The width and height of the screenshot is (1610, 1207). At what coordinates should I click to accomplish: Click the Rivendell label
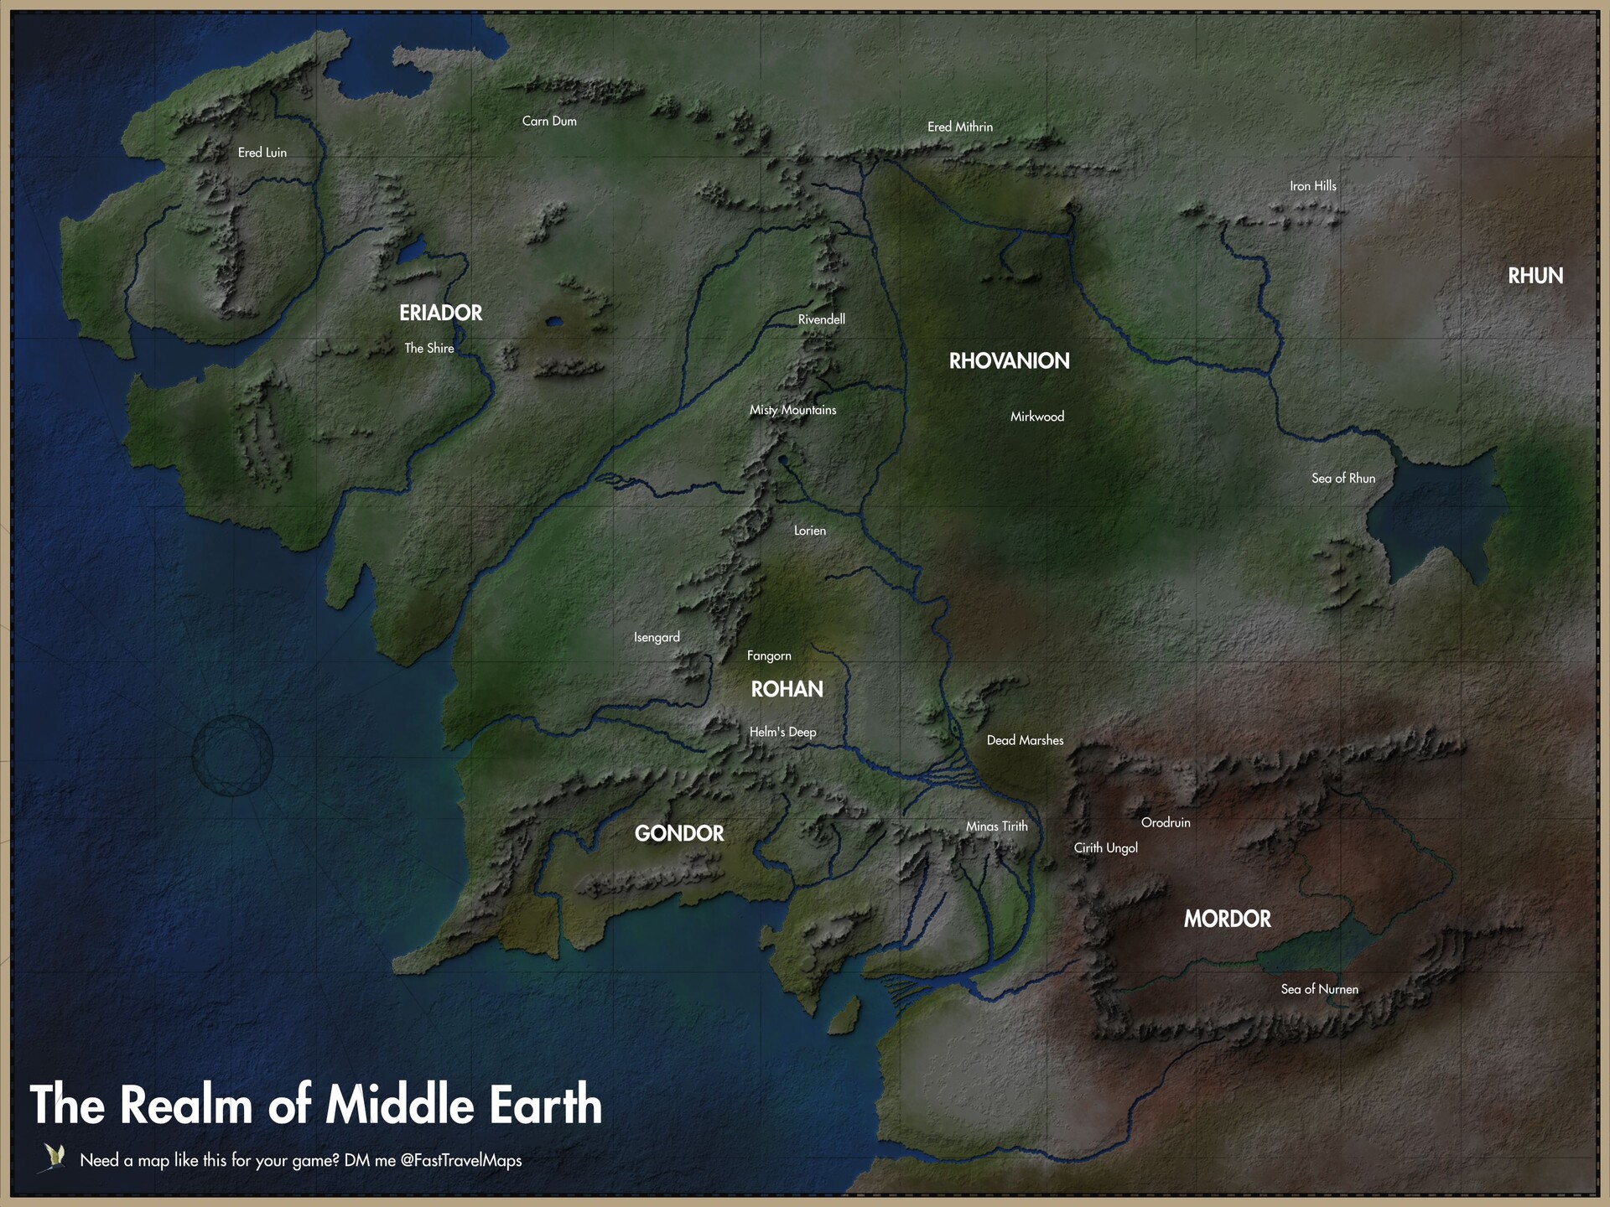(x=821, y=319)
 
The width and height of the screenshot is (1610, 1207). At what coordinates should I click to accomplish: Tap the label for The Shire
(x=428, y=348)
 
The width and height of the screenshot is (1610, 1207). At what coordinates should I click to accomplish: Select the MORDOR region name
(x=1227, y=919)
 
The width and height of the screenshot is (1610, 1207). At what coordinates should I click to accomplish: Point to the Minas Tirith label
(x=996, y=826)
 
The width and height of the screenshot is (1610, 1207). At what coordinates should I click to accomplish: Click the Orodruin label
(x=1166, y=822)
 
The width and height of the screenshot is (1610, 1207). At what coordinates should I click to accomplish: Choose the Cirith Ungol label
(x=1105, y=847)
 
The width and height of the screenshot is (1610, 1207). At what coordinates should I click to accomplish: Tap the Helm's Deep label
(x=782, y=732)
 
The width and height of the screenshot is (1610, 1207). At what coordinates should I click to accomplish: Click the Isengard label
(x=657, y=637)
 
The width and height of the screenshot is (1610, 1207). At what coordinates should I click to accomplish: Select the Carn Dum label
(x=549, y=121)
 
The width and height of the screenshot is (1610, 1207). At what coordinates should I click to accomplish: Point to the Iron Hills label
(x=1312, y=186)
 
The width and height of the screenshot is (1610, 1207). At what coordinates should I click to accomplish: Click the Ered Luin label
(x=262, y=153)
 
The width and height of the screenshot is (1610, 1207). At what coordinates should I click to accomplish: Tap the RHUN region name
(x=1535, y=276)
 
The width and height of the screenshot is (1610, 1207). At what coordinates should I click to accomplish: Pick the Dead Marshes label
(x=1025, y=740)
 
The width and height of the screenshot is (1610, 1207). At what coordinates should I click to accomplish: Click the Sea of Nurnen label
(x=1319, y=989)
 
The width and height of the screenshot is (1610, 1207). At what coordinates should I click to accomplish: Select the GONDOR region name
(x=678, y=833)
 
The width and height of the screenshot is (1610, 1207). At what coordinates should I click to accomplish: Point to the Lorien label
(x=809, y=531)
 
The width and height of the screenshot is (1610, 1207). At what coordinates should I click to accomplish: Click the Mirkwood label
(x=1036, y=417)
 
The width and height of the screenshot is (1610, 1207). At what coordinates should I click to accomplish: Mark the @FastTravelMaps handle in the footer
(x=461, y=1160)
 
